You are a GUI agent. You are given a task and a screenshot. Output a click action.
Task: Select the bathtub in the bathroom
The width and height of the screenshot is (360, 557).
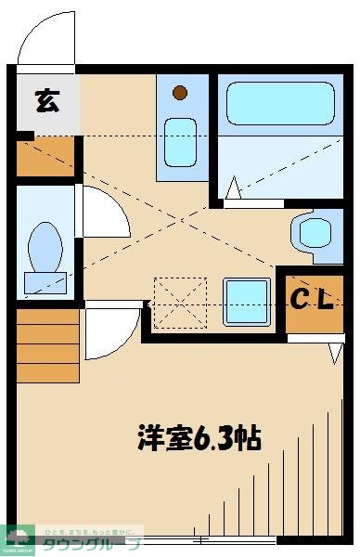[279, 104]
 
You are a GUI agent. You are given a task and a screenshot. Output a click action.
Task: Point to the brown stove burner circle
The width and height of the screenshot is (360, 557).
[180, 94]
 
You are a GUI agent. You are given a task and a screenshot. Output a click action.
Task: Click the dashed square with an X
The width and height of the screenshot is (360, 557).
[179, 303]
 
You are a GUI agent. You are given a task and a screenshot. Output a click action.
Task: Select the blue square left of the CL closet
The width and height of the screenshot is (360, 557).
[247, 300]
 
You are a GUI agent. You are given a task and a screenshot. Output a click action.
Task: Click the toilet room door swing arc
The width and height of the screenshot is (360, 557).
[105, 212]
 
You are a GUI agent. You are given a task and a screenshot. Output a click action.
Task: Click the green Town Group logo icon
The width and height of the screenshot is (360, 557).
[18, 537]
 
